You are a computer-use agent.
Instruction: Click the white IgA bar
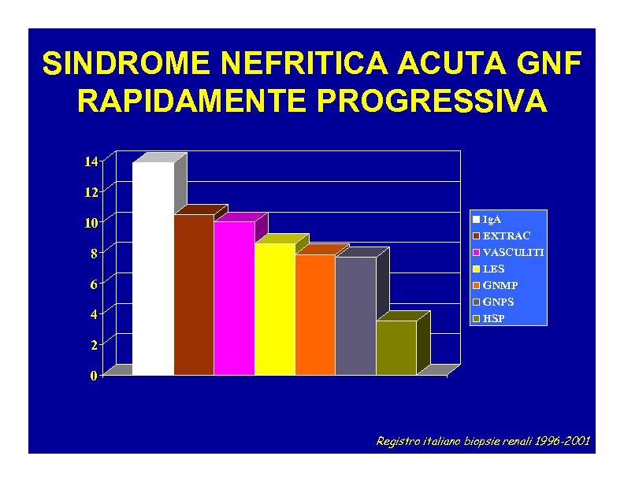click(x=153, y=269)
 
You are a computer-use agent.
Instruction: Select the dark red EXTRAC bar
click(x=194, y=295)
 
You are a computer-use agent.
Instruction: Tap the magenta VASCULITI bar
click(x=234, y=298)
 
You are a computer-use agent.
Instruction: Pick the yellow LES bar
click(x=275, y=309)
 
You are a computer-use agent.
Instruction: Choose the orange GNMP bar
click(x=315, y=314)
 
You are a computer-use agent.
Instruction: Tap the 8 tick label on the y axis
click(x=94, y=254)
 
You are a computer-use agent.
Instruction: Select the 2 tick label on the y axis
click(x=94, y=345)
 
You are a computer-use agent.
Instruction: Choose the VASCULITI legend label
click(x=514, y=253)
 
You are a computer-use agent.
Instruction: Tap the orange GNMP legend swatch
click(x=476, y=286)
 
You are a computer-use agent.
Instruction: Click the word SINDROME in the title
click(x=126, y=63)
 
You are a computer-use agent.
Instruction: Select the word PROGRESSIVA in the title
click(x=433, y=100)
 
